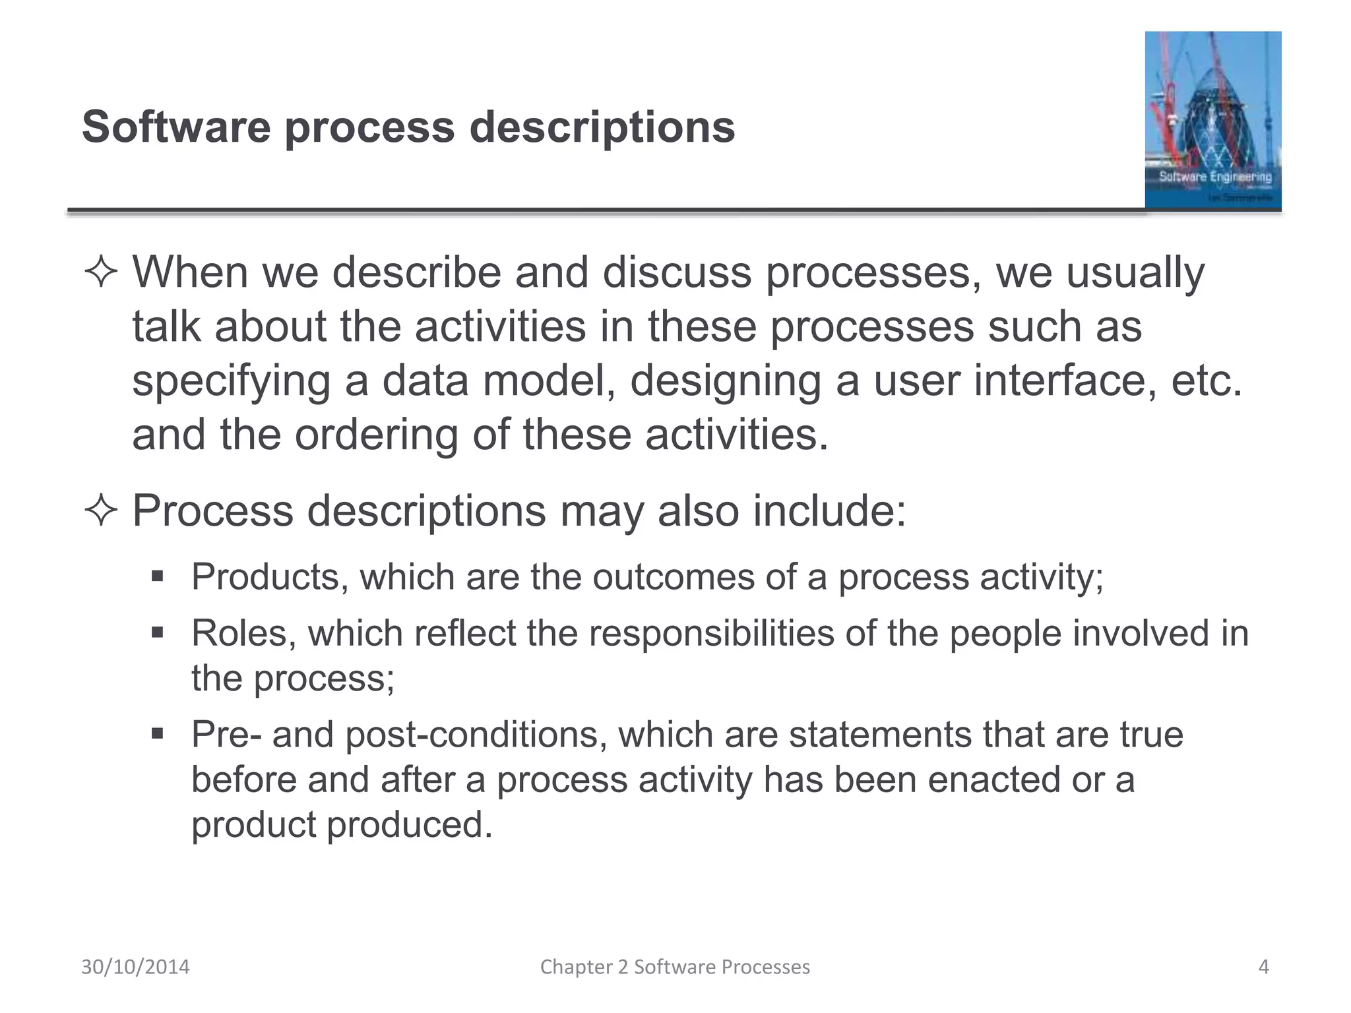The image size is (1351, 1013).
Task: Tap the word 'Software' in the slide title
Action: point(176,127)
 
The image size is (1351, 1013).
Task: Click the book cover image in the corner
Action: point(1212,120)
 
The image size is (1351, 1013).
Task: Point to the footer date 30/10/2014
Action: point(135,967)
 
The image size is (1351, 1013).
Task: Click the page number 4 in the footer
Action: point(1263,967)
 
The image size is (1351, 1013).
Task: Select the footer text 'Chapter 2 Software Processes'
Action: point(675,967)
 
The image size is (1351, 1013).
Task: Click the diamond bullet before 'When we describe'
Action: point(101,273)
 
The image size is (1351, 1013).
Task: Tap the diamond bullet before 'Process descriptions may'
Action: point(101,511)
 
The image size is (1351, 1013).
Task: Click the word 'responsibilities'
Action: point(712,633)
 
